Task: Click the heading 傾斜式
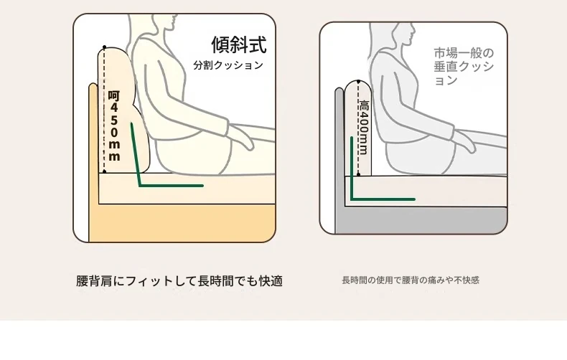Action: [239, 44]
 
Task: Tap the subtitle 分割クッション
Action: [228, 65]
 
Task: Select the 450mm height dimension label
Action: [114, 126]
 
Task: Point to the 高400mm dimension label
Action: [363, 127]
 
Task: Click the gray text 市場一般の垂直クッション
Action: [464, 67]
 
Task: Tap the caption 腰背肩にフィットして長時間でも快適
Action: [179, 281]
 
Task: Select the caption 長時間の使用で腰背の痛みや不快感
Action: [411, 280]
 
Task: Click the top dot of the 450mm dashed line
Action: [105, 47]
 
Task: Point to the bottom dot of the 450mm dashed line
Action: [105, 171]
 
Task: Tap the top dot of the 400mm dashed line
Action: [358, 82]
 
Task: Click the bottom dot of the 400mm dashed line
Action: [358, 174]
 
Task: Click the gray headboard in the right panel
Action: [339, 159]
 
